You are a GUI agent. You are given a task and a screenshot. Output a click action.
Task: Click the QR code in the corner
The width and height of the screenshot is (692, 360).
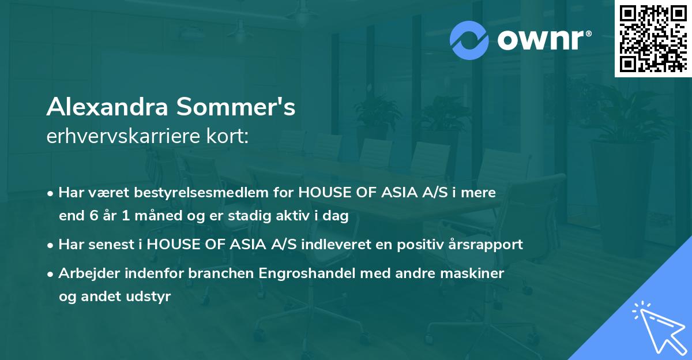pyautogui.click(x=653, y=38)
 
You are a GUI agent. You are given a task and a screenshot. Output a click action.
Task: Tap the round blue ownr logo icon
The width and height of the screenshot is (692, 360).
pyautogui.click(x=469, y=40)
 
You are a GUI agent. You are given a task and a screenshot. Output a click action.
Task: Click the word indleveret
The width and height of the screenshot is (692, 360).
pyautogui.click(x=332, y=244)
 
